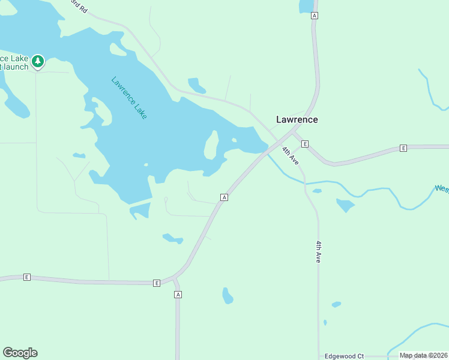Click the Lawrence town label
coord(297,119)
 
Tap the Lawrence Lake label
coord(129,97)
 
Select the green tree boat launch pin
coord(38,61)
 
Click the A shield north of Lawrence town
coord(314,16)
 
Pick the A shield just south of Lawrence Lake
coord(224,197)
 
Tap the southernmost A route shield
coord(178,295)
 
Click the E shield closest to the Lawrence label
coord(305,144)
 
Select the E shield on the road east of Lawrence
coord(403,148)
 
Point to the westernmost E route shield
coord(26,277)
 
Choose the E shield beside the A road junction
coord(156,283)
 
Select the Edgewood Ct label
coord(344,356)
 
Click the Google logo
coord(20,353)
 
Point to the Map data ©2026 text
coord(424,355)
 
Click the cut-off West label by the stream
coord(442,190)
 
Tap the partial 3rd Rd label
coord(78,6)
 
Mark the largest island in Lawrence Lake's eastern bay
coord(211,145)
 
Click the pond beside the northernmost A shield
coord(306,5)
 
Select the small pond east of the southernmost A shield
coord(228,296)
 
